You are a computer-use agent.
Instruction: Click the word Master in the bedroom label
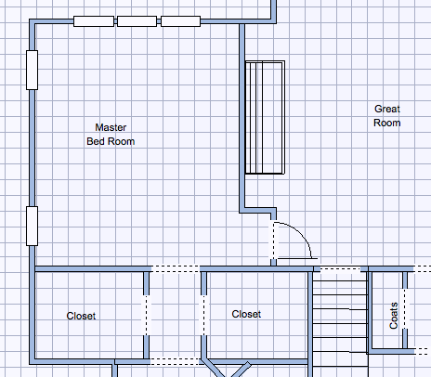click(x=111, y=127)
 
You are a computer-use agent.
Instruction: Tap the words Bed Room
click(x=111, y=141)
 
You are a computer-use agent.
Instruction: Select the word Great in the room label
click(x=387, y=109)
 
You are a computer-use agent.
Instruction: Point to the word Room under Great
click(x=387, y=123)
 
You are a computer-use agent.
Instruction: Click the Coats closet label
click(x=394, y=316)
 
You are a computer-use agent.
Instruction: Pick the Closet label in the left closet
click(x=81, y=316)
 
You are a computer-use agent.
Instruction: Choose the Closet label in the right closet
click(x=246, y=314)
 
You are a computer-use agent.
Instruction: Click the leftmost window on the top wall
click(x=94, y=21)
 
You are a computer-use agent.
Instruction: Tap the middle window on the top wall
click(x=137, y=21)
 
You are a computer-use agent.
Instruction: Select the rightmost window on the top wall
click(x=180, y=21)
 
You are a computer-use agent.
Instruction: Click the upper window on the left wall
click(x=32, y=70)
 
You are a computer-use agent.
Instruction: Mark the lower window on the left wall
click(x=32, y=226)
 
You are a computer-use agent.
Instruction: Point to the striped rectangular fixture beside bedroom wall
click(x=265, y=117)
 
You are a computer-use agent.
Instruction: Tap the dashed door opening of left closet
click(x=146, y=315)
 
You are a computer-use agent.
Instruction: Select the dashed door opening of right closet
click(x=203, y=315)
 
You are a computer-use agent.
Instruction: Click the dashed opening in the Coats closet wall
click(x=405, y=308)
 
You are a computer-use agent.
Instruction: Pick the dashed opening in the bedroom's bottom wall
click(x=176, y=268)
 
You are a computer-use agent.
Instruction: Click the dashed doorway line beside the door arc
click(x=273, y=240)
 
